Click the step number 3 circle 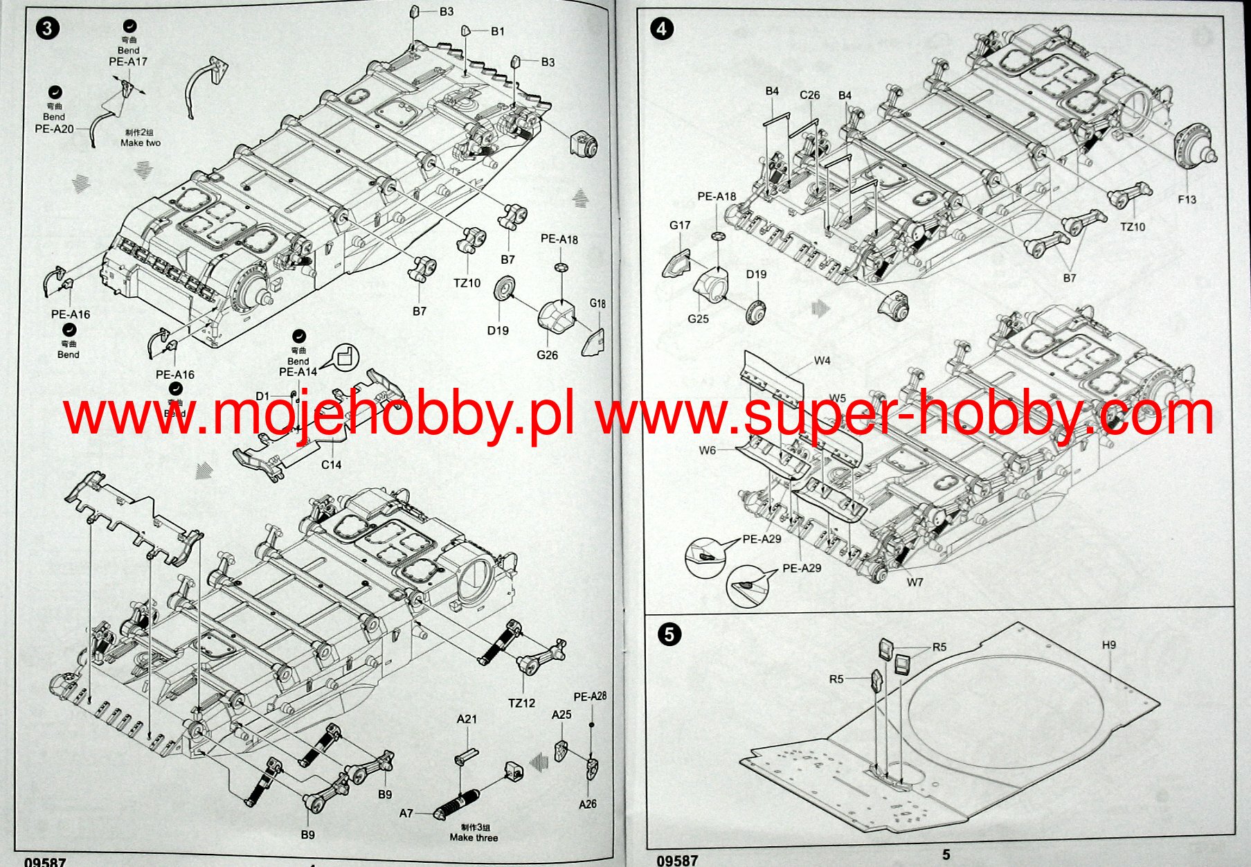(x=46, y=28)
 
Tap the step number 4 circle (x=663, y=28)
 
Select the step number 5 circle (x=669, y=634)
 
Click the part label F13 (x=1187, y=199)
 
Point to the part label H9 (x=1108, y=645)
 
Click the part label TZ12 (x=521, y=703)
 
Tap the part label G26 (x=547, y=355)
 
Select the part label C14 (x=331, y=465)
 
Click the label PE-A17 (x=128, y=62)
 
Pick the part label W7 (x=915, y=582)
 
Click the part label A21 (x=467, y=719)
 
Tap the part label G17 (x=680, y=225)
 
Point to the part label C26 (x=809, y=95)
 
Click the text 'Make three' (x=474, y=837)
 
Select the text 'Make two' (x=141, y=143)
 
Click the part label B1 (x=498, y=31)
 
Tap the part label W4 (x=822, y=360)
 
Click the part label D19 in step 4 (x=756, y=274)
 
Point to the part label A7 (x=406, y=813)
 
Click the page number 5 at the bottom (x=946, y=855)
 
